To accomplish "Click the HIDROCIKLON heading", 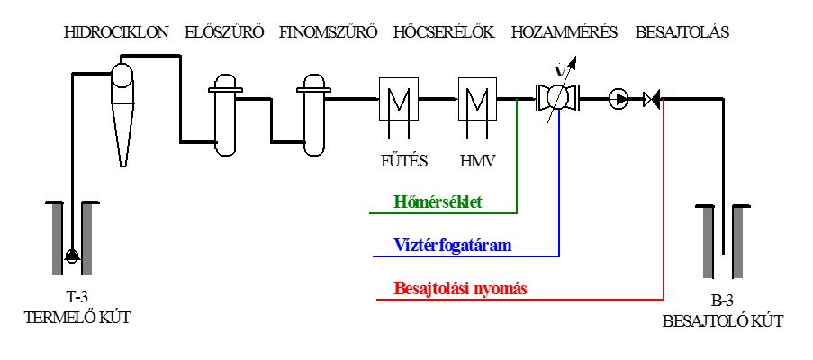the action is [116, 32].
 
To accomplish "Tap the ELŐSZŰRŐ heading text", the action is [224, 31].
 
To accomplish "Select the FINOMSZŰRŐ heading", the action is [328, 31].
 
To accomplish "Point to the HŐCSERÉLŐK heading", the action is [444, 31].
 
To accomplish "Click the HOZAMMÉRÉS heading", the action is [565, 31].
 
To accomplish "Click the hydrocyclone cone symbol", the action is [122, 114].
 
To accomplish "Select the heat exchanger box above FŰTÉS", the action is [398, 98].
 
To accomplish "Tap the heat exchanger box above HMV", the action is [477, 98].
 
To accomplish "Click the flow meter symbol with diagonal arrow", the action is [557, 97].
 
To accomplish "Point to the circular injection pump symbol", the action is [618, 98].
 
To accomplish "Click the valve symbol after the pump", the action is [651, 98].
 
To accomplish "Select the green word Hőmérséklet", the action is [438, 202].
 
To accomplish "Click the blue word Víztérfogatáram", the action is [453, 245].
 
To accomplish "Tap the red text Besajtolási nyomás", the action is [461, 288].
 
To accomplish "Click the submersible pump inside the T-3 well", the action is [71, 255].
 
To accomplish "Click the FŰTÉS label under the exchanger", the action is [402, 160].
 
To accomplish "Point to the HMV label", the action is [478, 161].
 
